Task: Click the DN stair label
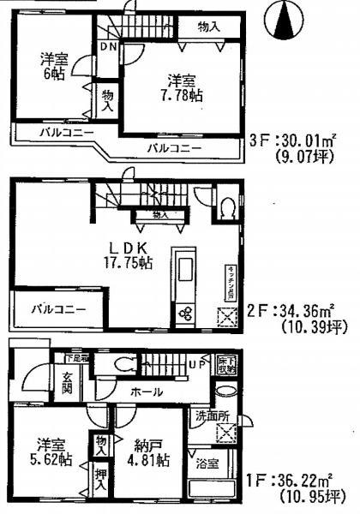pos(108,47)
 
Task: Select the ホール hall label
pos(144,391)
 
